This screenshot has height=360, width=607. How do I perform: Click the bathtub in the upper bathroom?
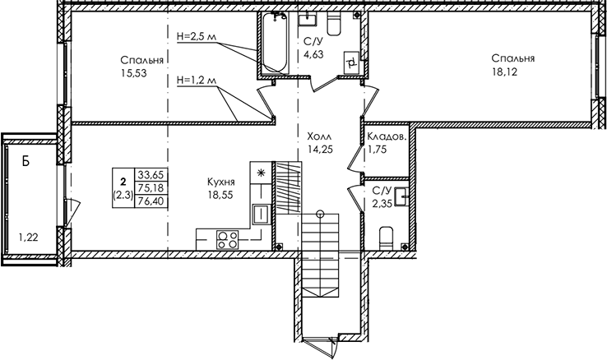pyautogui.click(x=274, y=43)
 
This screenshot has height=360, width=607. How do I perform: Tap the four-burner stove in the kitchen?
pyautogui.click(x=227, y=239)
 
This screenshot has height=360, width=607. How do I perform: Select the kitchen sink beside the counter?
pyautogui.click(x=261, y=215)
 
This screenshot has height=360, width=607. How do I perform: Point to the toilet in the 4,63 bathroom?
pyautogui.click(x=334, y=22)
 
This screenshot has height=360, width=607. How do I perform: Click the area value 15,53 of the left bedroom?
pyautogui.click(x=134, y=72)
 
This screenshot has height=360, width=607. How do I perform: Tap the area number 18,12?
pyautogui.click(x=504, y=72)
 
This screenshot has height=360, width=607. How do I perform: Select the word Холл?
pyautogui.click(x=319, y=136)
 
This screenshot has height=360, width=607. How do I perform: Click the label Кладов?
pyautogui.click(x=387, y=136)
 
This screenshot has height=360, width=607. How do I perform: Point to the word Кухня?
pyautogui.click(x=221, y=182)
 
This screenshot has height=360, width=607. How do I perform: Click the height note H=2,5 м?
pyautogui.click(x=197, y=37)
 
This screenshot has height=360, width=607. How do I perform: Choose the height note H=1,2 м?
pyautogui.click(x=197, y=81)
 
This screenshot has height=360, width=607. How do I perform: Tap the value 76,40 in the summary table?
pyautogui.click(x=151, y=201)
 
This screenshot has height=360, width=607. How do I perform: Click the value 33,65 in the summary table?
pyautogui.click(x=151, y=175)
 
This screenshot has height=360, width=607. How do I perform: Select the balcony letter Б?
pyautogui.click(x=25, y=161)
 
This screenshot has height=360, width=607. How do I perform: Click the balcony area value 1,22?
pyautogui.click(x=28, y=237)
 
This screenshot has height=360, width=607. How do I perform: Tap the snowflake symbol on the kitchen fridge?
pyautogui.click(x=261, y=173)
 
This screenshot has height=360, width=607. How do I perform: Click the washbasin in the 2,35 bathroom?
pyautogui.click(x=401, y=196)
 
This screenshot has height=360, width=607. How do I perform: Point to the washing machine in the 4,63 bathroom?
pyautogui.click(x=352, y=62)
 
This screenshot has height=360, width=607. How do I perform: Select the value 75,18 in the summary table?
pyautogui.click(x=151, y=188)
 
